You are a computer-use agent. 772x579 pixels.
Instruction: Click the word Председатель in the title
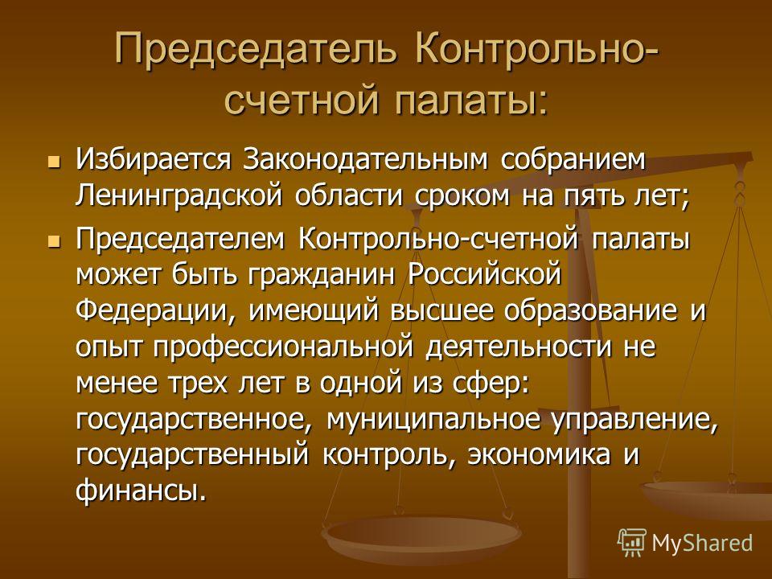coord(255,49)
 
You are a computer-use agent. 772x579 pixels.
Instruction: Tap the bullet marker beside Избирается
coord(54,161)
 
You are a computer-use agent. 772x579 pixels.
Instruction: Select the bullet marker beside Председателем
coord(54,241)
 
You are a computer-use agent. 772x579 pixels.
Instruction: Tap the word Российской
coord(484,274)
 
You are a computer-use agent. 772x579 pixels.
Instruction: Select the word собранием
coord(573,161)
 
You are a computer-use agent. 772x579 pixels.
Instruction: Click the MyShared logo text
coord(702,544)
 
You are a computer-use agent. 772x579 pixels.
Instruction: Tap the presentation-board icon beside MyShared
coord(632,542)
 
